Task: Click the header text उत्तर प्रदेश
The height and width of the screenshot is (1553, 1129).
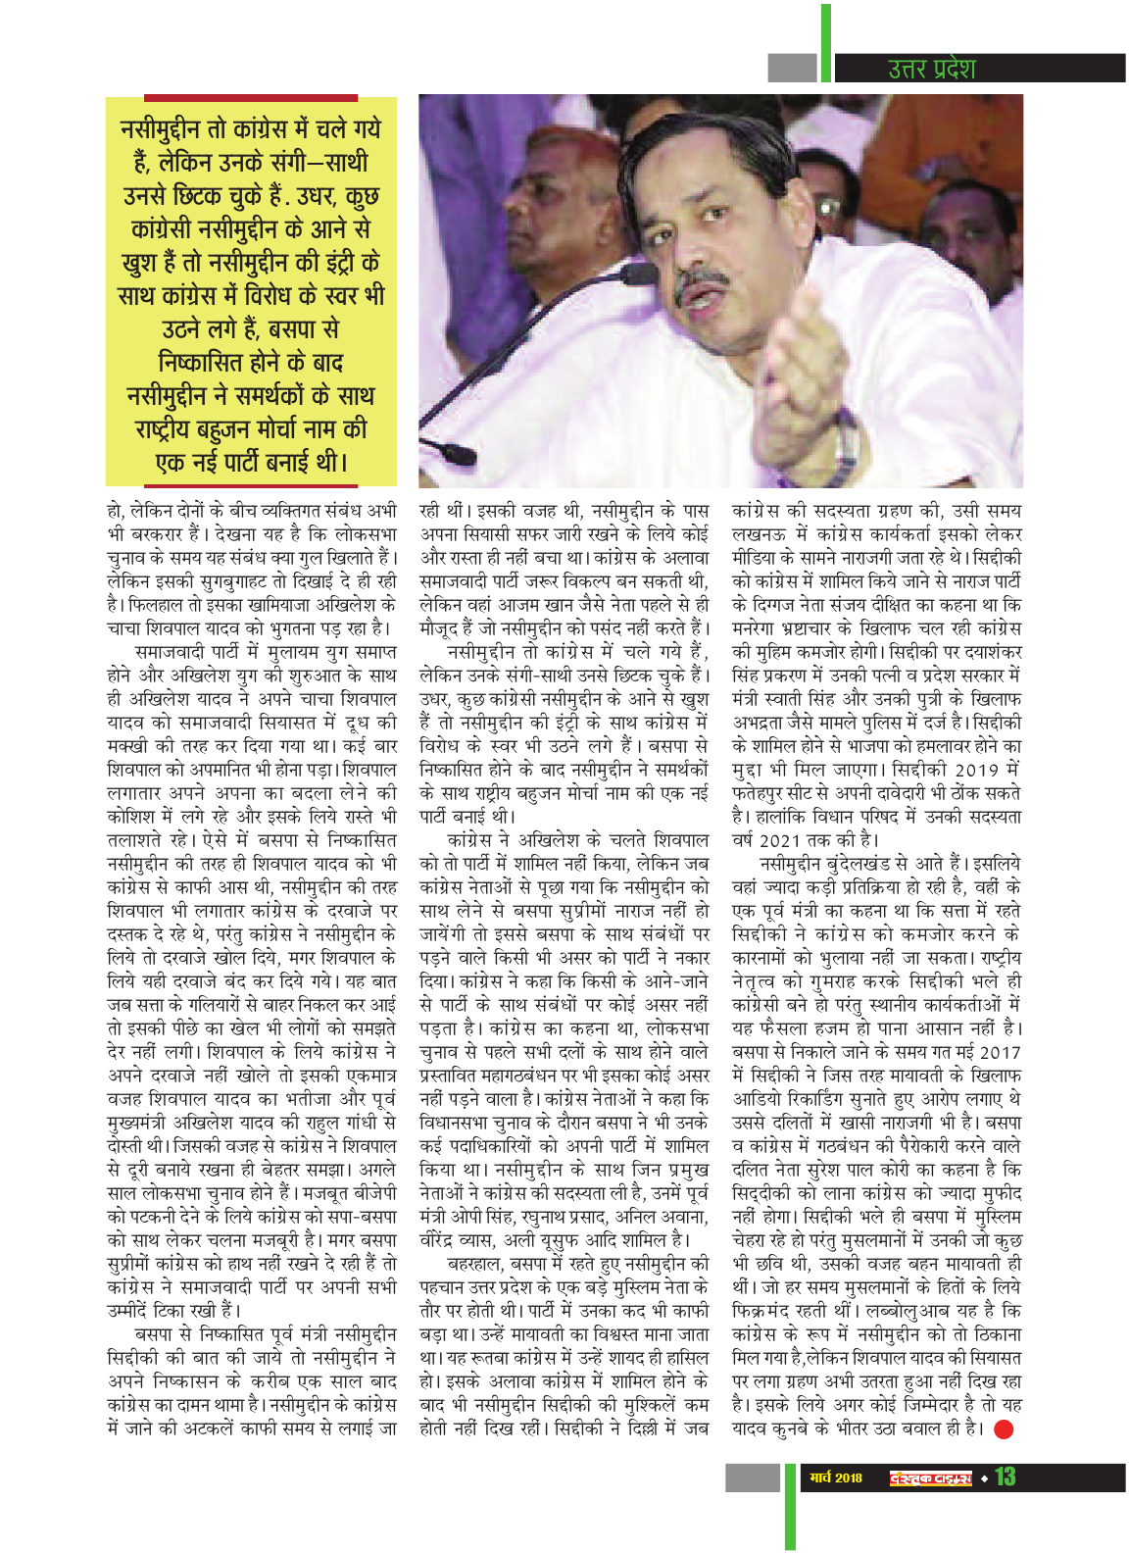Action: click(930, 69)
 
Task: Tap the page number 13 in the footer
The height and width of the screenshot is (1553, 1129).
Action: click(1005, 1478)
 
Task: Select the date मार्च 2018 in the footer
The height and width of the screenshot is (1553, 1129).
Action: click(836, 1478)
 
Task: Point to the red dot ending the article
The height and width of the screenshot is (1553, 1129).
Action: click(1004, 1428)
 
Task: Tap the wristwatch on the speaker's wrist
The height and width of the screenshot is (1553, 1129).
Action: click(846, 443)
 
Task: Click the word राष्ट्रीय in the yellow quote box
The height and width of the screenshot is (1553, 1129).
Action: click(168, 429)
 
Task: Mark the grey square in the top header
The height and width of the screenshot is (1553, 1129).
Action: click(792, 68)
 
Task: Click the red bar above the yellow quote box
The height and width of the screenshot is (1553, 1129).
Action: click(250, 98)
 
